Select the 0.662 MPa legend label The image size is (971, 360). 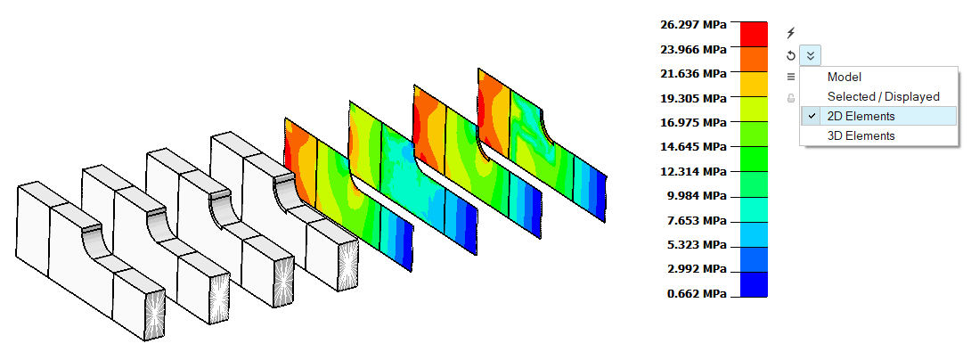(x=696, y=294)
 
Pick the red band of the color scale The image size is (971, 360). (x=754, y=34)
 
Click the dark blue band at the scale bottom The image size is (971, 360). (x=754, y=284)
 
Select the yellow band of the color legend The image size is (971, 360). (x=754, y=84)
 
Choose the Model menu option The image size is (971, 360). (x=844, y=78)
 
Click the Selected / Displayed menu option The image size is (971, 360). (x=883, y=96)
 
